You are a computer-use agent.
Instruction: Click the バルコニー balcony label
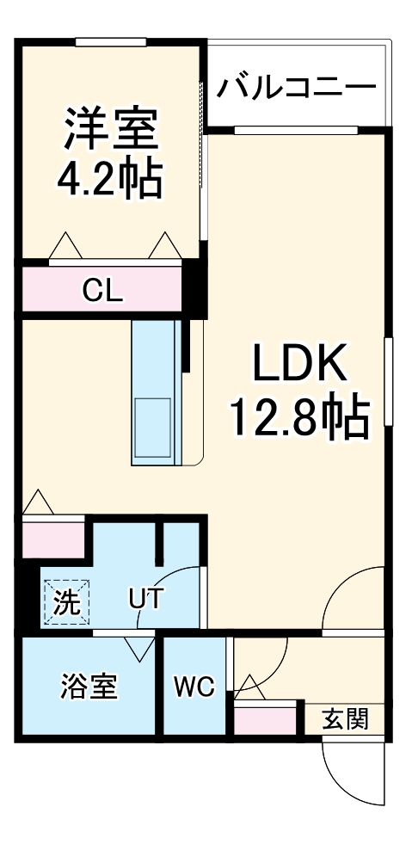(x=297, y=87)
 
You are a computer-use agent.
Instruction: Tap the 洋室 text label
(x=109, y=129)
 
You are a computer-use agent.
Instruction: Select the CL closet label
(x=102, y=291)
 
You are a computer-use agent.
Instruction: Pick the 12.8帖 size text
(x=298, y=417)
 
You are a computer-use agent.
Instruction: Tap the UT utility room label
(x=145, y=598)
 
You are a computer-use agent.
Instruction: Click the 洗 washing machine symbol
(x=65, y=601)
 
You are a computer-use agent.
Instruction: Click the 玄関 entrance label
(x=346, y=718)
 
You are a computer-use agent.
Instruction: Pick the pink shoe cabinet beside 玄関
(x=265, y=719)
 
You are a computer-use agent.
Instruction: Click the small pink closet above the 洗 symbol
(x=52, y=538)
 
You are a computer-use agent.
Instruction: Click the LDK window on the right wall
(x=388, y=381)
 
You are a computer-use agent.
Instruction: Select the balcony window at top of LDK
(x=295, y=130)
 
